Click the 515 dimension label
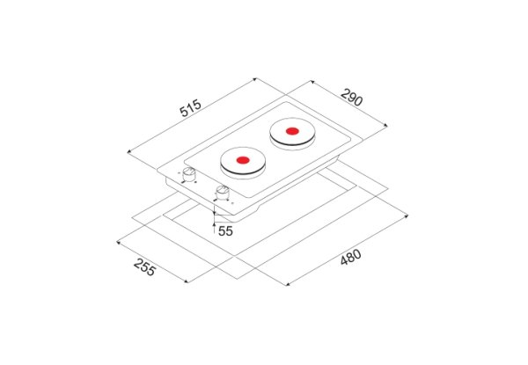(190, 108)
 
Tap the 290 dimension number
(351, 98)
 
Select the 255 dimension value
(145, 266)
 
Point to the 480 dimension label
(350, 257)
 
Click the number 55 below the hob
(225, 231)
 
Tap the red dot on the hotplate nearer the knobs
(243, 160)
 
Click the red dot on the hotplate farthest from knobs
(292, 131)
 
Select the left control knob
(189, 175)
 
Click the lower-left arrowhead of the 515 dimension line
(129, 152)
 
